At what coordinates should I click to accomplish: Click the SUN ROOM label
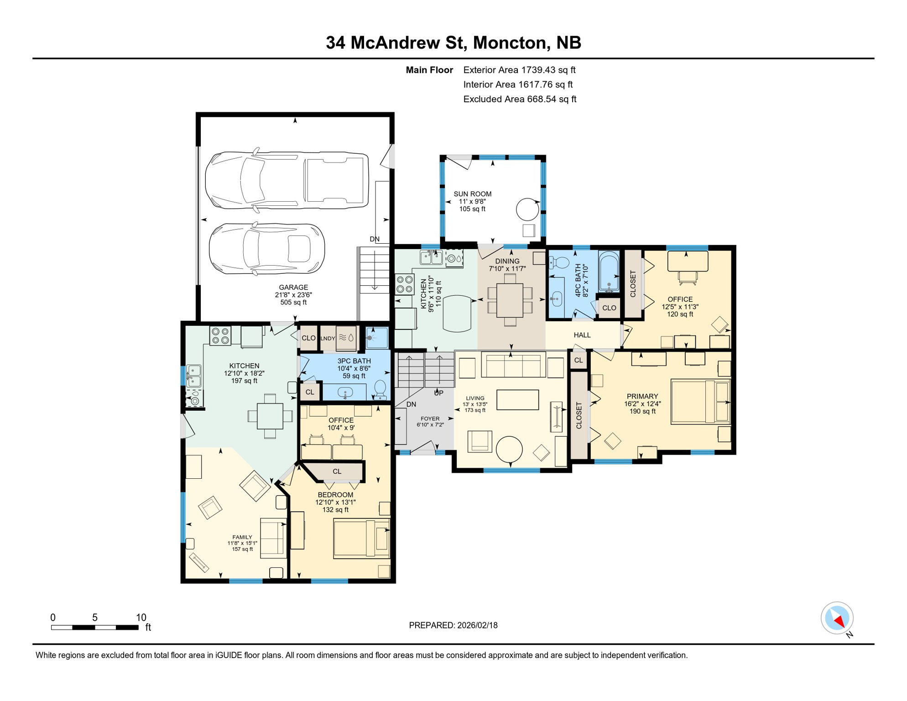tap(472, 194)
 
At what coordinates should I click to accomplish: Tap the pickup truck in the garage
tap(287, 180)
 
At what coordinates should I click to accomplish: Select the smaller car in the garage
tap(267, 249)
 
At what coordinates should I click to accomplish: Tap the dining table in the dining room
tap(510, 300)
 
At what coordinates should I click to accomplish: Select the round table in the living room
tap(509, 450)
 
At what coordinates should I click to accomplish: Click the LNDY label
tap(328, 338)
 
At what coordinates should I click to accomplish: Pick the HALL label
tap(582, 335)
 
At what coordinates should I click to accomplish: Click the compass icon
tap(837, 618)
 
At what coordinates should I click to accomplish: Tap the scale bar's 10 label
tap(141, 617)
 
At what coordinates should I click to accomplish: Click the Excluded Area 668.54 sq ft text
tap(520, 99)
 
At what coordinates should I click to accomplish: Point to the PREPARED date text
tap(453, 625)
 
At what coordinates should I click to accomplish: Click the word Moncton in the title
tap(509, 42)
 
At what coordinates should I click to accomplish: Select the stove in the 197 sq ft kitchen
tap(220, 336)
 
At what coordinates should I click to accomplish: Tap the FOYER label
tap(430, 419)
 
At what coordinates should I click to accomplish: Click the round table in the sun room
tap(527, 209)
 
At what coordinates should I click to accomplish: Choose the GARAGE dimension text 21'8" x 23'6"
tap(293, 295)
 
